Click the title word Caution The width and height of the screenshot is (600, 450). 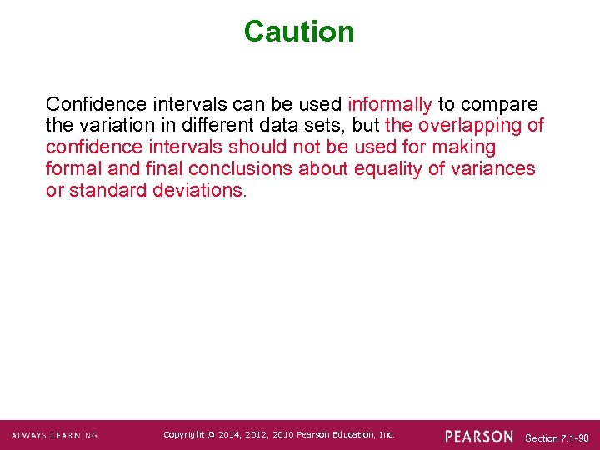(x=299, y=32)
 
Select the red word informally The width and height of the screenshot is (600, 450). (x=389, y=105)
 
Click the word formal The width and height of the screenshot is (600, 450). (x=72, y=168)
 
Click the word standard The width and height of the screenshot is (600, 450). (x=109, y=190)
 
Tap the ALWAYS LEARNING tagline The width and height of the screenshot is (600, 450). (x=54, y=435)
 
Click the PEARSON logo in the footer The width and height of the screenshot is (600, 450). (x=479, y=436)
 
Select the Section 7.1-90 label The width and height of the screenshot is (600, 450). (x=557, y=437)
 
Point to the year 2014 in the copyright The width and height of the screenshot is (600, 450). (x=229, y=435)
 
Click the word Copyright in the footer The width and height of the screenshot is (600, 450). (x=184, y=435)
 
